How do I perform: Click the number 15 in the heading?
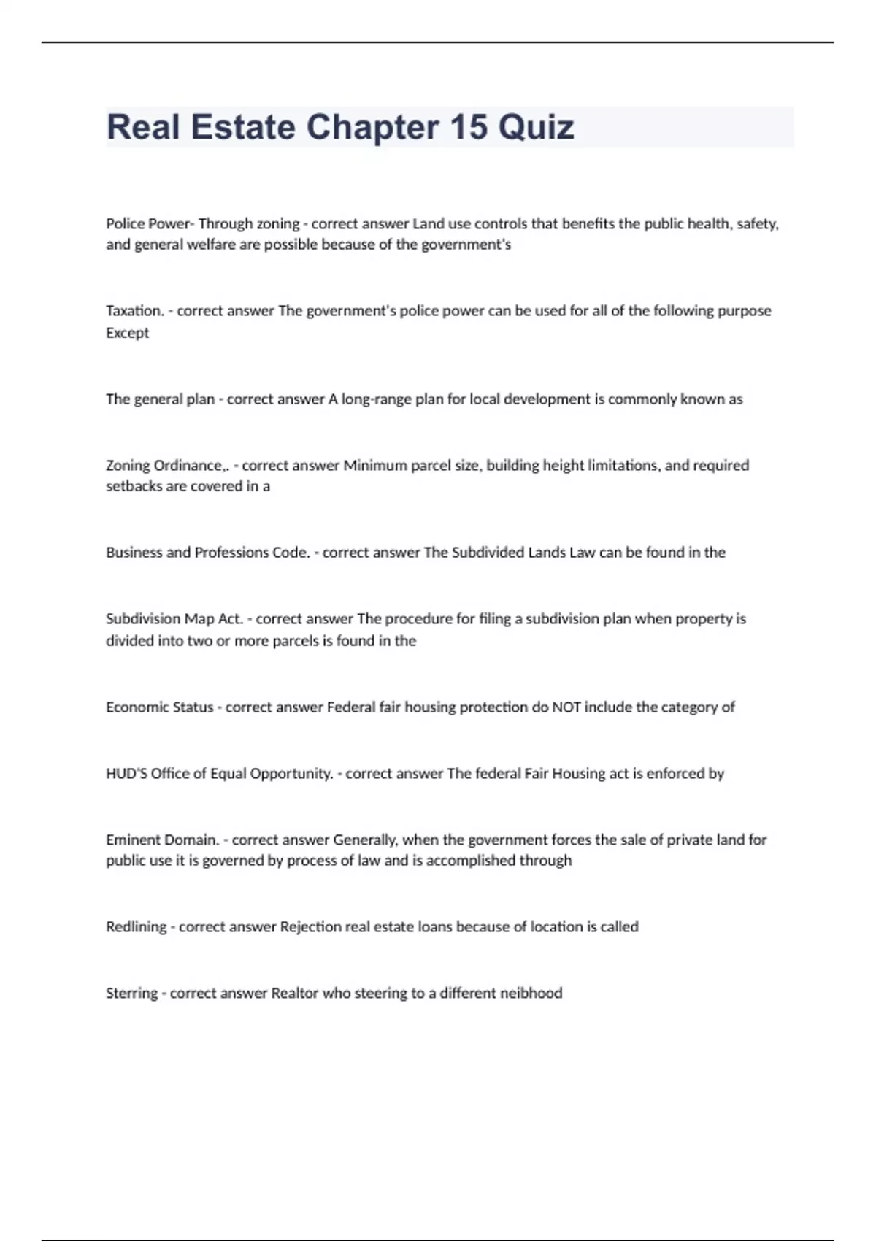point(468,127)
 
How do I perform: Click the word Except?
point(127,333)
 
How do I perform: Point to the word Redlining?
point(137,927)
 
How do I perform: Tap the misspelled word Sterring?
point(131,994)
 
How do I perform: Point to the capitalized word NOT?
point(566,707)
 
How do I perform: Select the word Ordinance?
point(189,466)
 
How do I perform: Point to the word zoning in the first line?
point(277,224)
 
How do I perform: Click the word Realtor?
point(293,994)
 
